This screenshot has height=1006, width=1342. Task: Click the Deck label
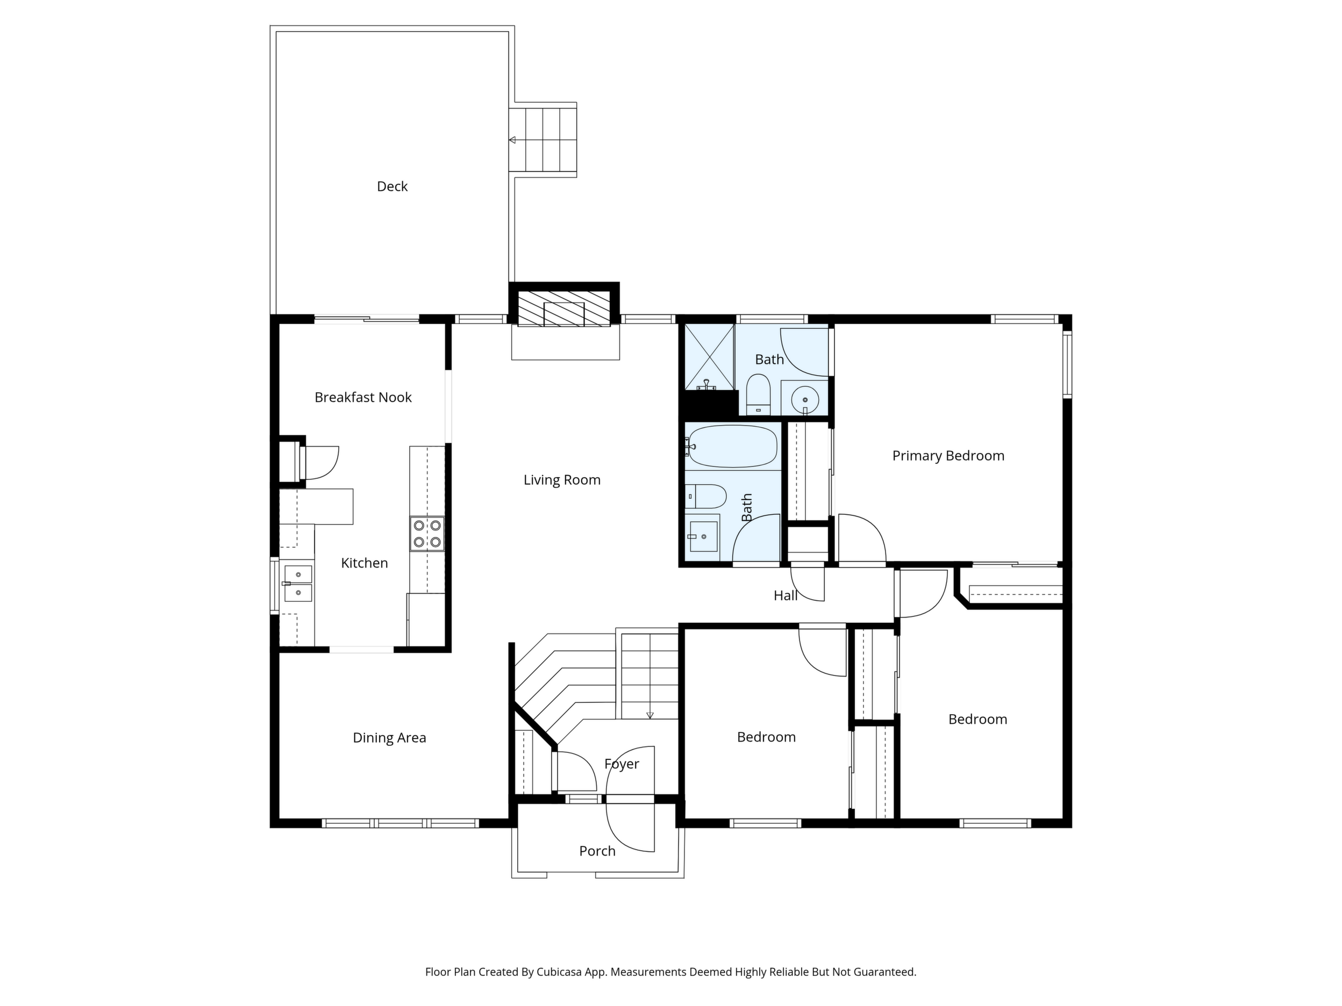[392, 186]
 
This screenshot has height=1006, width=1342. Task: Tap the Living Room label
[562, 480]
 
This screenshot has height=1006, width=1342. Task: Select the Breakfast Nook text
[363, 397]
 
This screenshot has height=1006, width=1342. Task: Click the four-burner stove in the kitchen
[426, 534]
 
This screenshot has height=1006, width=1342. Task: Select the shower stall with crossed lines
[709, 356]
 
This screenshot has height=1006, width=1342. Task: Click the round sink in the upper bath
[804, 400]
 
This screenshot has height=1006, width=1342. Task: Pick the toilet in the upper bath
[758, 394]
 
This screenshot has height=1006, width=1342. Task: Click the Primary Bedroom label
[948, 456]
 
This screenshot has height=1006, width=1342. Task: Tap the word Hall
[785, 596]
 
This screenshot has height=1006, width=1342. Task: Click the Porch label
[597, 851]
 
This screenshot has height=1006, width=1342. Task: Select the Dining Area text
[389, 738]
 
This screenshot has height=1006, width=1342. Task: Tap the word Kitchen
[364, 563]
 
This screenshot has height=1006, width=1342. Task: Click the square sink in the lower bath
[703, 536]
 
